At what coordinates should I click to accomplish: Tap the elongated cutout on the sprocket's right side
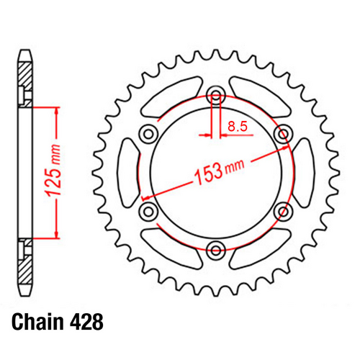303,172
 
